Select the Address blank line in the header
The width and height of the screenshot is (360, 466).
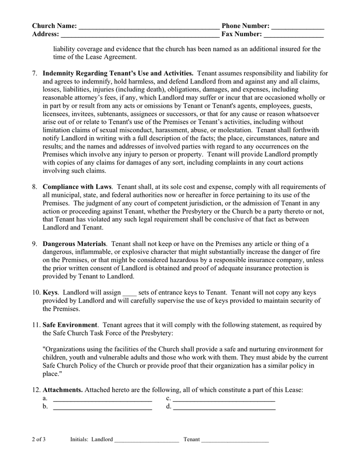coord(140,37)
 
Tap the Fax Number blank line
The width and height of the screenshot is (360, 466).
coord(294,37)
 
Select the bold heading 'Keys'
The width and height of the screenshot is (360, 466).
coord(50,293)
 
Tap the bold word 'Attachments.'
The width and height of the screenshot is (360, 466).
coord(63,390)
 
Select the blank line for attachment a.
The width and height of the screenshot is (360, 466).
coord(102,400)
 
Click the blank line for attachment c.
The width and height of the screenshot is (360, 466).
coord(223,400)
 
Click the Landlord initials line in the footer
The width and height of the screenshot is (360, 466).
coord(146,441)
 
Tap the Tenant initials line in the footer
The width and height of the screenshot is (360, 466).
coord(235,441)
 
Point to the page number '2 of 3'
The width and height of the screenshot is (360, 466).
coord(39,440)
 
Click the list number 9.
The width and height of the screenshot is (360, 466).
coord(35,244)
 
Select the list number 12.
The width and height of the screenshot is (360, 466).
coord(36,390)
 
